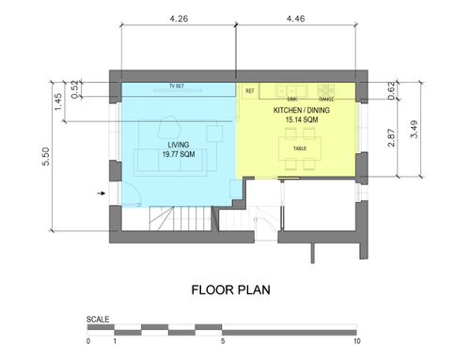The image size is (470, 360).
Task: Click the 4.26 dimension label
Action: pos(179,19)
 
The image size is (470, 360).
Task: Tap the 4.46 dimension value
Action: pos(295,19)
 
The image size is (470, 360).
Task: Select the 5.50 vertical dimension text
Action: pos(46,156)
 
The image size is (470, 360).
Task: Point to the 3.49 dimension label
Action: pos(415,129)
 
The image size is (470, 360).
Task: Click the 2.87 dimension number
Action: pos(391,138)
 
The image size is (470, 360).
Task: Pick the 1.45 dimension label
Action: pos(58,102)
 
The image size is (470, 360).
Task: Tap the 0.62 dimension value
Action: pos(391,91)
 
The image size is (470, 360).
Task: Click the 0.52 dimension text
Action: pos(74,89)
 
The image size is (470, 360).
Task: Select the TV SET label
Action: pos(177,86)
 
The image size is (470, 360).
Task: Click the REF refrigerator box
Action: pos(250,91)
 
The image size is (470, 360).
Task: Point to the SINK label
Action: pos(292,99)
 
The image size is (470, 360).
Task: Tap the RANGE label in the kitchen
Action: pos(326,99)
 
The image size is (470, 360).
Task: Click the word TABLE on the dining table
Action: pos(300,149)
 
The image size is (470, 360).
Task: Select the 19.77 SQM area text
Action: pos(179,154)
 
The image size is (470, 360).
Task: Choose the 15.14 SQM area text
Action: pos(302,119)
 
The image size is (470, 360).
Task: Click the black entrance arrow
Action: pos(102,194)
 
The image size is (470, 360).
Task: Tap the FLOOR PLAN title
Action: pos(231,290)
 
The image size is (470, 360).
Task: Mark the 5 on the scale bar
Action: pos(223,341)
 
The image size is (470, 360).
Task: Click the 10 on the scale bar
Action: pos(357,341)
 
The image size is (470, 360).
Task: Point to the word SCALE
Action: pos(98,320)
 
